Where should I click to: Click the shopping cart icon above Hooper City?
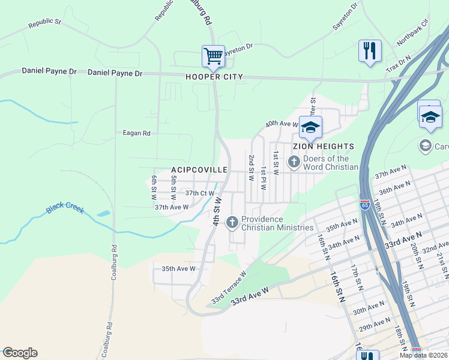pyautogui.click(x=213, y=56)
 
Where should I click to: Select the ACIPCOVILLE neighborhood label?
pyautogui.click(x=200, y=170)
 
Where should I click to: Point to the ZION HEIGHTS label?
pyautogui.click(x=323, y=146)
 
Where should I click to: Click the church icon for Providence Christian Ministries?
pyautogui.click(x=232, y=223)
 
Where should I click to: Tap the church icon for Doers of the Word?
pyautogui.click(x=294, y=161)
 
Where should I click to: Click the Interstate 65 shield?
pyautogui.click(x=364, y=205)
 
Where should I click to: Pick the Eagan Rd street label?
pyautogui.click(x=136, y=133)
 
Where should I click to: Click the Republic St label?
pyautogui.click(x=44, y=24)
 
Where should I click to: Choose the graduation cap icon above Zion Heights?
pyautogui.click(x=310, y=127)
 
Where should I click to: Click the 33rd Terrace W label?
pyautogui.click(x=229, y=288)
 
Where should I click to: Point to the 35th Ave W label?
pyautogui.click(x=175, y=269)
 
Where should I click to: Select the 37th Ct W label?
pyautogui.click(x=200, y=193)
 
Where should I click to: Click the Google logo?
pyautogui.click(x=20, y=353)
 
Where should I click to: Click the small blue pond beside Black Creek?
pyautogui.click(x=103, y=213)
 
